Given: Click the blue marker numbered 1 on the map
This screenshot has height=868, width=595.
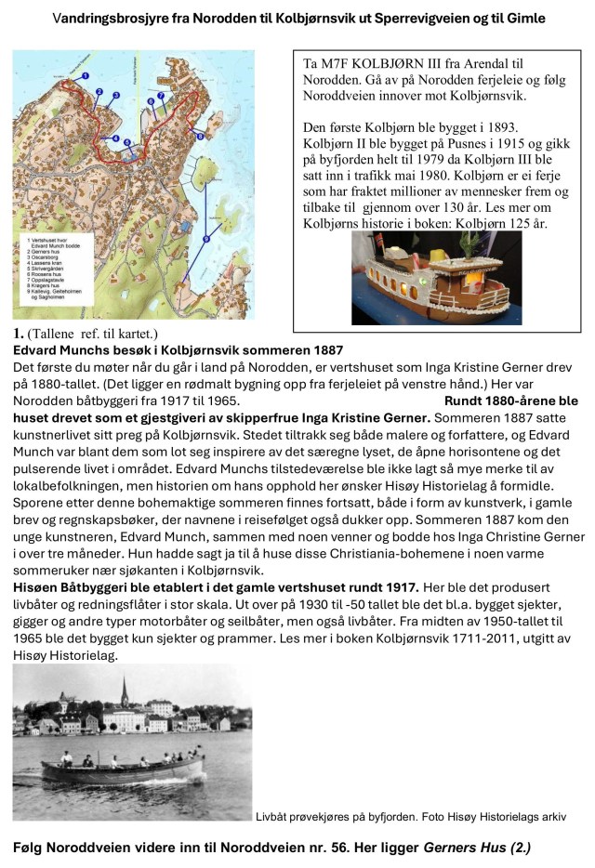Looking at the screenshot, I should (x=85, y=75).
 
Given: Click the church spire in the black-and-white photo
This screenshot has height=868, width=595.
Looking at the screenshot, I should (x=123, y=689).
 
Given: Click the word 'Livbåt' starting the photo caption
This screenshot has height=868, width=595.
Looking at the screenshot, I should (x=272, y=817).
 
